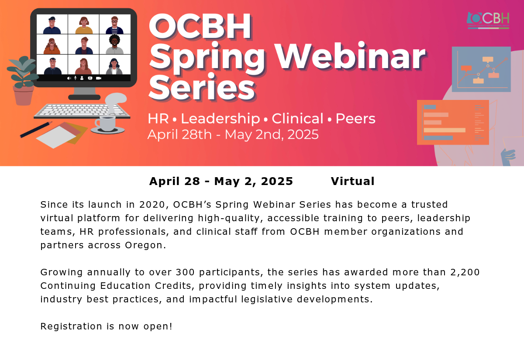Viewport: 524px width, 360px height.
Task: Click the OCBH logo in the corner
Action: click(x=488, y=21)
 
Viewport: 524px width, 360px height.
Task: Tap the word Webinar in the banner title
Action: click(x=350, y=57)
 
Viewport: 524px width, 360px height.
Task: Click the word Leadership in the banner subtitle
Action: click(x=221, y=119)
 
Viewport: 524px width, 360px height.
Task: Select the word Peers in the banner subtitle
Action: click(x=355, y=119)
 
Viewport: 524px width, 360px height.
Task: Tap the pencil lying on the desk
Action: click(x=36, y=130)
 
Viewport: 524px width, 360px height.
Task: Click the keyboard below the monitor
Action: click(x=82, y=111)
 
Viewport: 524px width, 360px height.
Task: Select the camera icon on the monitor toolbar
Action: click(x=99, y=78)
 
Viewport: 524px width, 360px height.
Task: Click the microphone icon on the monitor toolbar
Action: click(x=75, y=78)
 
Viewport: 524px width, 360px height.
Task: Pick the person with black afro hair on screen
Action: click(x=114, y=45)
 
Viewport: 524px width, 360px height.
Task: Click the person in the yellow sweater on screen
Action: click(x=84, y=25)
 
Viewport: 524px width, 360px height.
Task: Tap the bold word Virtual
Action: click(x=353, y=182)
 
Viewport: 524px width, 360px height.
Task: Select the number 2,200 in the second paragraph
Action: click(x=465, y=272)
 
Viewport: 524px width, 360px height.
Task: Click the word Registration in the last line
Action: click(x=71, y=326)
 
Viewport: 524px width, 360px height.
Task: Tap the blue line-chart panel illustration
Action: click(x=481, y=69)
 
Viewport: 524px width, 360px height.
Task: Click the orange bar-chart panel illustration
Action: click(x=453, y=122)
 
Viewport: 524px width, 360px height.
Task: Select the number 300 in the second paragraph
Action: click(x=185, y=272)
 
